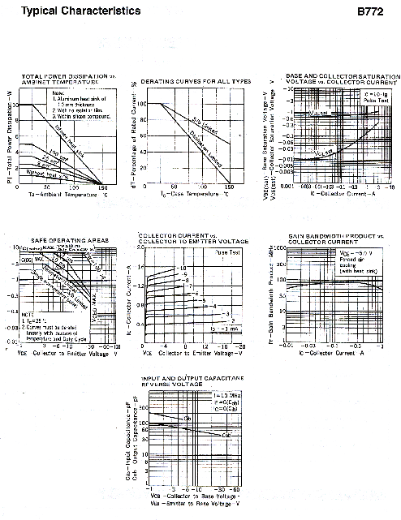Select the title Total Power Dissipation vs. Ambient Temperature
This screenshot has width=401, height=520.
pyautogui.click(x=63, y=80)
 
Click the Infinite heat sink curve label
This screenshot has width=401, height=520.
pyautogui.click(x=67, y=142)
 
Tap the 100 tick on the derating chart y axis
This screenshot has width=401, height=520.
pyautogui.click(x=141, y=105)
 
